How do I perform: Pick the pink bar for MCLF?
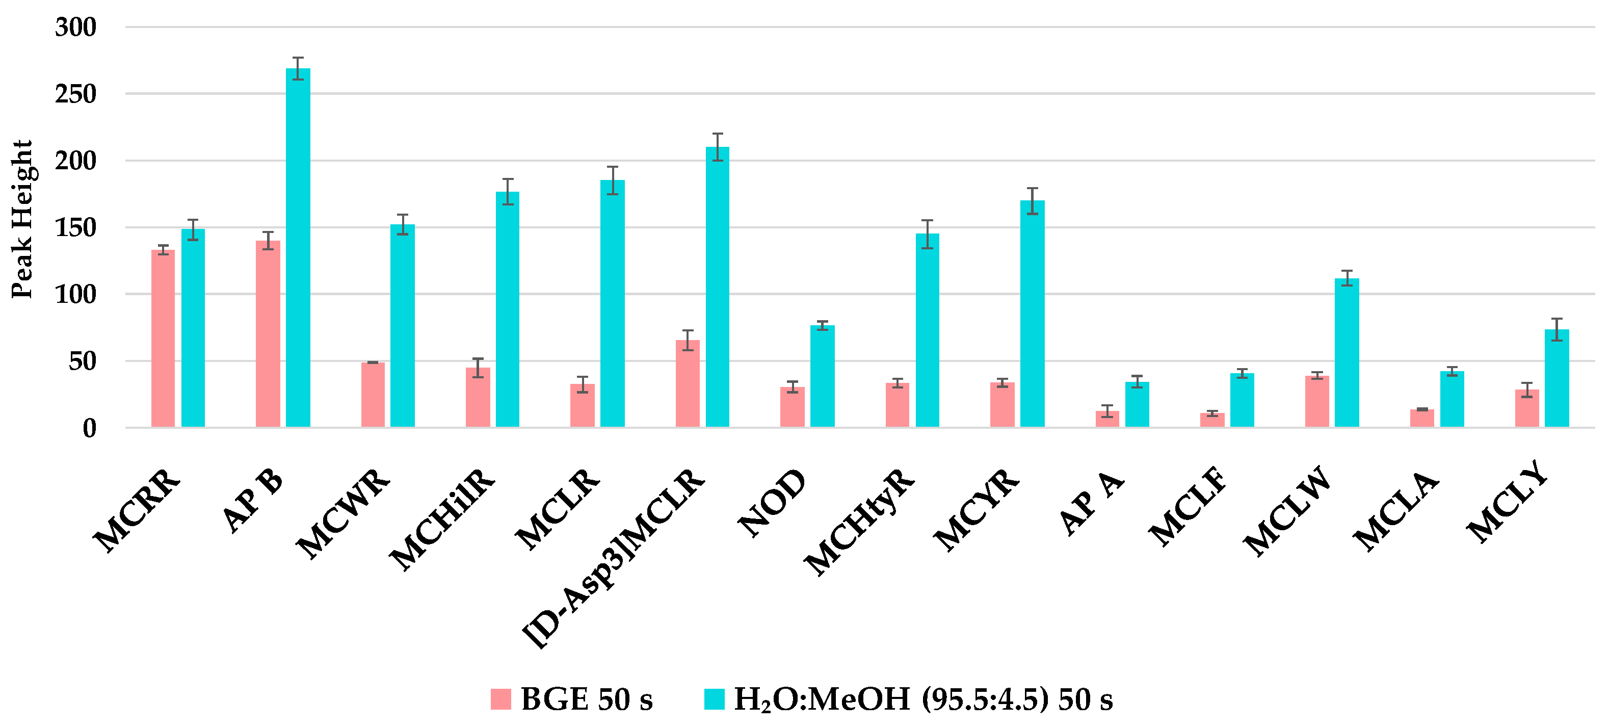pos(1212,420)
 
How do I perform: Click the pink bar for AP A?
pos(1107,419)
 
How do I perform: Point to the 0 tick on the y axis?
pos(89,428)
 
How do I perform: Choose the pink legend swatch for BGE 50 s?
pos(500,699)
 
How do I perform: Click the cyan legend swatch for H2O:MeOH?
pos(714,699)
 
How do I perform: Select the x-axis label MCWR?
pos(342,513)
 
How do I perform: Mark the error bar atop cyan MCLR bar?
pos(612,180)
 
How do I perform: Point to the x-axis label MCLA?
pos(1396,511)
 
